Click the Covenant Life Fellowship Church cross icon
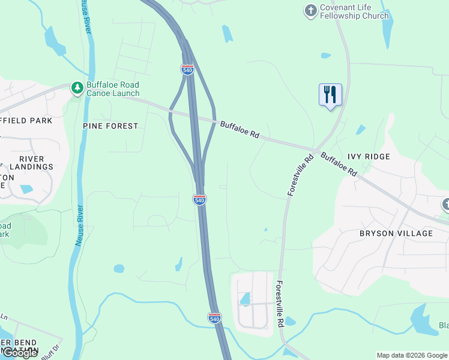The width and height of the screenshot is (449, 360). [x=310, y=10]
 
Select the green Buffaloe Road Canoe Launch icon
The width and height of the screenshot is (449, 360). [x=77, y=88]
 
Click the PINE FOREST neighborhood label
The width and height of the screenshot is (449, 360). [x=110, y=126]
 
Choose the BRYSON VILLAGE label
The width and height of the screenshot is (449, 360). [x=396, y=233]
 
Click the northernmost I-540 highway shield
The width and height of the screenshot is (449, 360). [x=187, y=70]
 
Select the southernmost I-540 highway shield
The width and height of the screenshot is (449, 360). [x=214, y=317]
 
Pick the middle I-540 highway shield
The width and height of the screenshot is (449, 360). [x=200, y=199]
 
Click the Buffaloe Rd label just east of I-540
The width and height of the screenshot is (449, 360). [x=239, y=130]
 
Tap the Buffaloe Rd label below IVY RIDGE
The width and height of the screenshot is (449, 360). [x=339, y=164]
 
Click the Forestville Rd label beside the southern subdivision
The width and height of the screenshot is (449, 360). [x=280, y=304]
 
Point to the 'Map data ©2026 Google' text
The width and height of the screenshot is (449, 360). [x=412, y=355]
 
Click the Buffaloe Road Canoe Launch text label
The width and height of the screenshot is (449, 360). [x=113, y=89]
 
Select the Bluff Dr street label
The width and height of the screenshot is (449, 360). [x=53, y=351]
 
